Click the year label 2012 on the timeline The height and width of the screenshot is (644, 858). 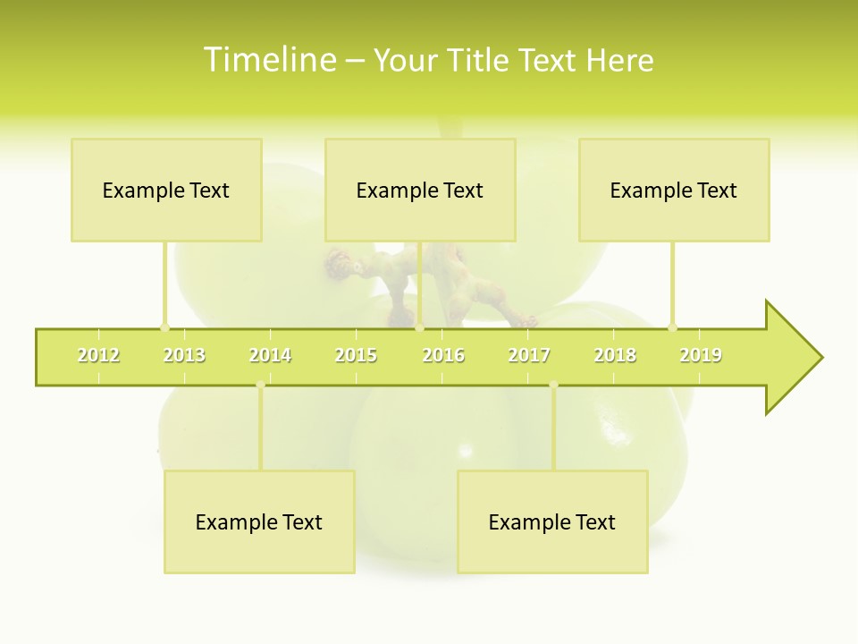(x=98, y=355)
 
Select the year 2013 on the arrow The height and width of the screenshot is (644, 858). (x=184, y=355)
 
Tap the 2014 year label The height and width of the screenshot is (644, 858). (x=270, y=355)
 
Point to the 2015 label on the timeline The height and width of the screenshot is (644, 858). (x=356, y=355)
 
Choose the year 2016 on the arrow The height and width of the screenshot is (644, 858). (x=443, y=355)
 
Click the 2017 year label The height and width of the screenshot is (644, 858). (x=529, y=355)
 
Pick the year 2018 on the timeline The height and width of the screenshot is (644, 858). (x=615, y=355)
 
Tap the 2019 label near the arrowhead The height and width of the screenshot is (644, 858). (x=701, y=355)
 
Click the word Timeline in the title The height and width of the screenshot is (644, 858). (x=269, y=60)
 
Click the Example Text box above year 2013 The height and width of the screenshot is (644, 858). (x=166, y=190)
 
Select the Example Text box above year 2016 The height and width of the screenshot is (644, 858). (x=420, y=190)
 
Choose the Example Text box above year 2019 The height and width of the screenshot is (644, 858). (x=674, y=190)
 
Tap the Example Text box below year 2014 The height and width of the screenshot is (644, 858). (x=259, y=521)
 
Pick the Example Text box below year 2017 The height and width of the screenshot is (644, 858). (x=552, y=521)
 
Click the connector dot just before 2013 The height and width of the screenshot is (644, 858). (x=164, y=327)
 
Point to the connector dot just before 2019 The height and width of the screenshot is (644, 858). (x=672, y=327)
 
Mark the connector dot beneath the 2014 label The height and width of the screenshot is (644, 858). (x=260, y=386)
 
